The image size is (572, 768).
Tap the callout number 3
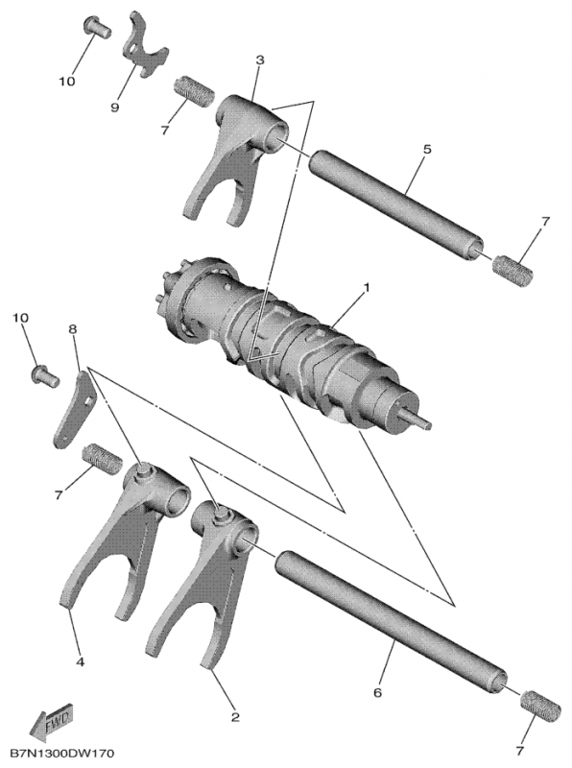coord(259,60)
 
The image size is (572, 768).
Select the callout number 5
coord(426,149)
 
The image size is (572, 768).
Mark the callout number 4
coord(80,661)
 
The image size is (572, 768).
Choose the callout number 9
coord(114,108)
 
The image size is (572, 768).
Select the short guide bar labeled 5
coord(393,203)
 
